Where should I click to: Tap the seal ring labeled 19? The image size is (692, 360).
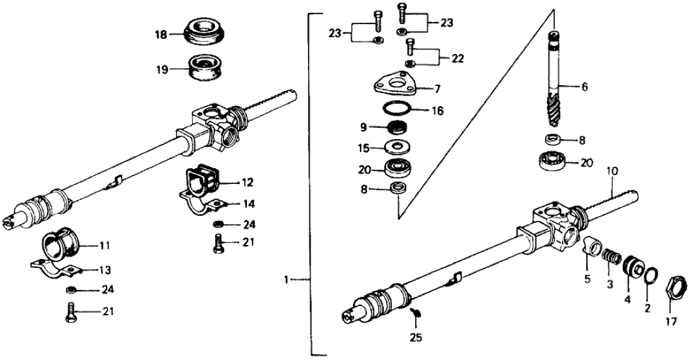203,67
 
